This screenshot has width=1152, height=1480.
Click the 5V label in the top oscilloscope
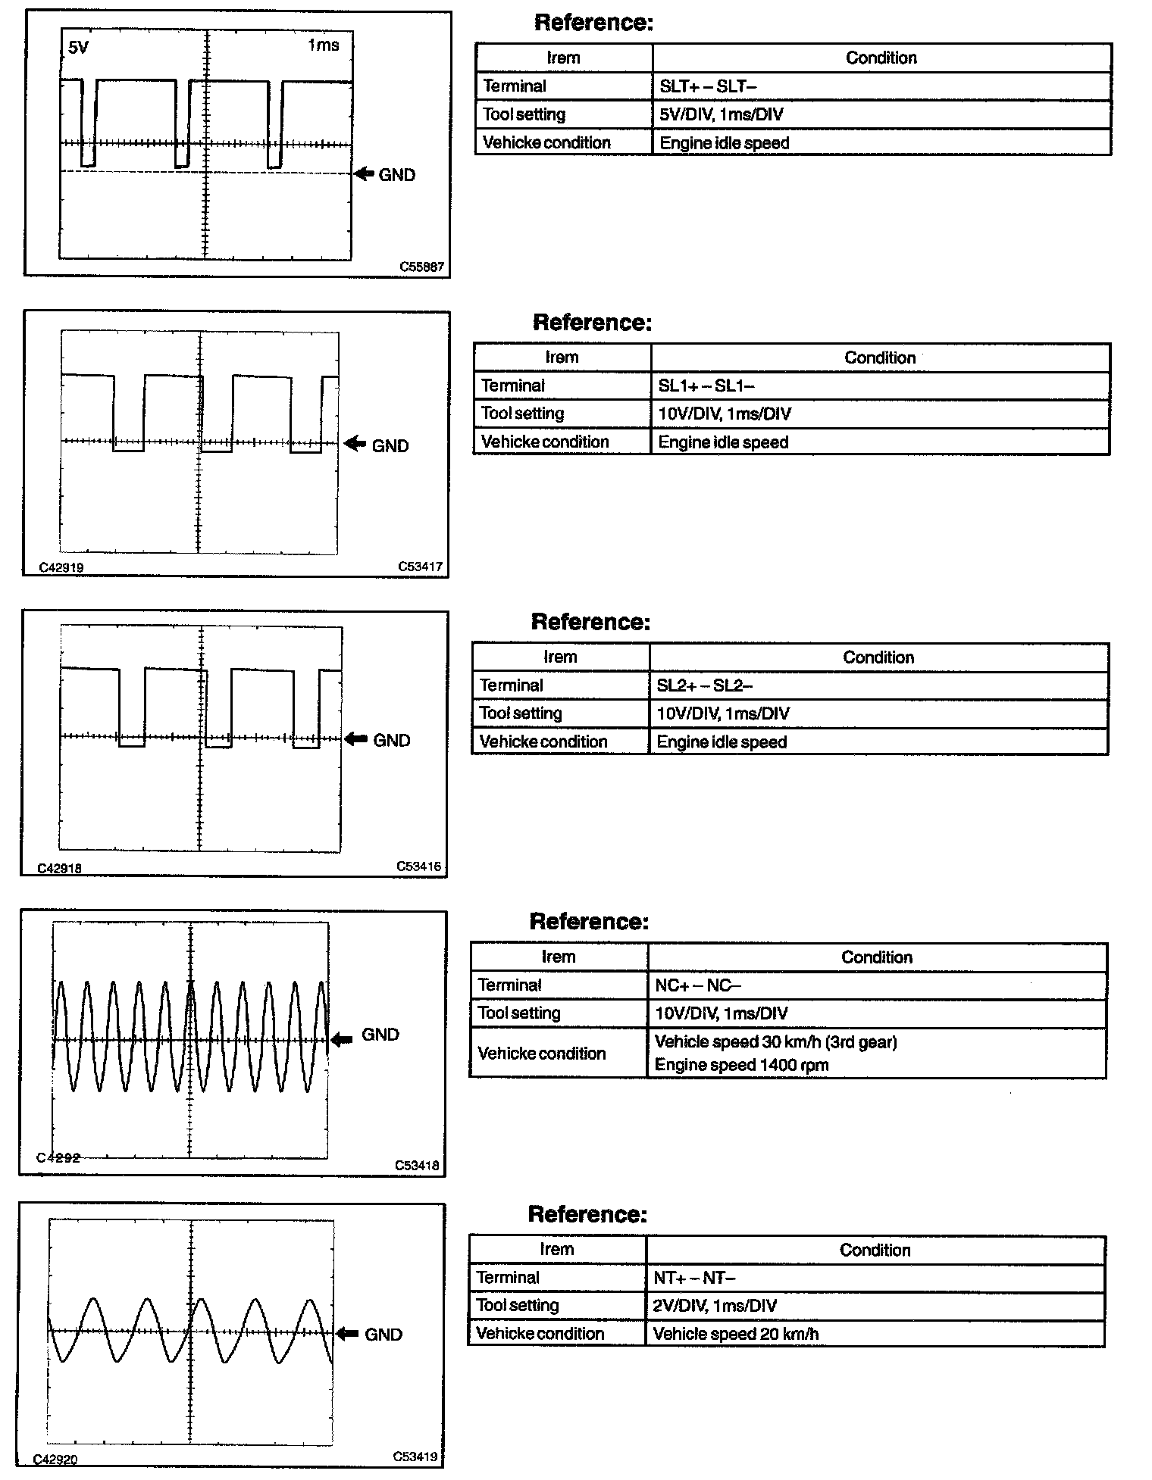[78, 48]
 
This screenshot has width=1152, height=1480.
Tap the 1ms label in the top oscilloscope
[324, 45]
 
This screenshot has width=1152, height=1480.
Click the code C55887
[422, 267]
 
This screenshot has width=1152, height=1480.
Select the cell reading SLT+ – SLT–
[708, 86]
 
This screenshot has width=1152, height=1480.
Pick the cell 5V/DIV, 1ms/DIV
[721, 114]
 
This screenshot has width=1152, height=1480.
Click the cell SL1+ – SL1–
[706, 386]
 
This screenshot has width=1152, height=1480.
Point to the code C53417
[421, 567]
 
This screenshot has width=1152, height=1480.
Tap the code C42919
[61, 567]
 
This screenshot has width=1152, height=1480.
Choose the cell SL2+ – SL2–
[705, 685]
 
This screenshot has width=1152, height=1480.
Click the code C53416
[419, 866]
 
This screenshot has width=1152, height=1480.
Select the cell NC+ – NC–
[697, 985]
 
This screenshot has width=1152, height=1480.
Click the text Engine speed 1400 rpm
[741, 1065]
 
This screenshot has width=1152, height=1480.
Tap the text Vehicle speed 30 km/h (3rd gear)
[775, 1042]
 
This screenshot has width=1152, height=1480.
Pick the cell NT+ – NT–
[694, 1278]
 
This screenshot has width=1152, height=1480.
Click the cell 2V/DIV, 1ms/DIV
[715, 1306]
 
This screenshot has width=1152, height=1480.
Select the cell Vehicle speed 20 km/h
[735, 1334]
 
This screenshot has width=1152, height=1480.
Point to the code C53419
[415, 1456]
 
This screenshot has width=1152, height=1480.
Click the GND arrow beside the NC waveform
[342, 1039]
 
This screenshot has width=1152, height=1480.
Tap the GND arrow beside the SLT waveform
[365, 174]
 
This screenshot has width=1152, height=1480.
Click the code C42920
[55, 1460]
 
